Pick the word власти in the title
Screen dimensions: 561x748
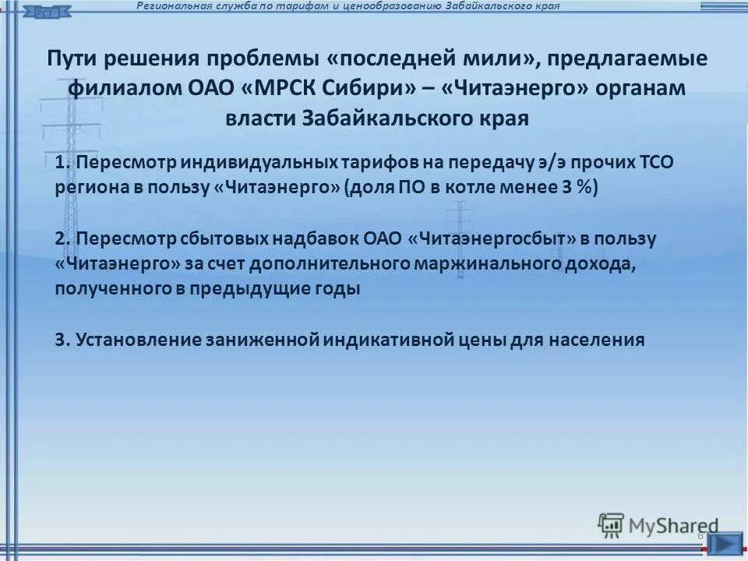(259, 118)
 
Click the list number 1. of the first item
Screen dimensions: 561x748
(64, 162)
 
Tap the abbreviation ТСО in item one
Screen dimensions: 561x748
(654, 162)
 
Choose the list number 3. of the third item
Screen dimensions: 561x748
(64, 340)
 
